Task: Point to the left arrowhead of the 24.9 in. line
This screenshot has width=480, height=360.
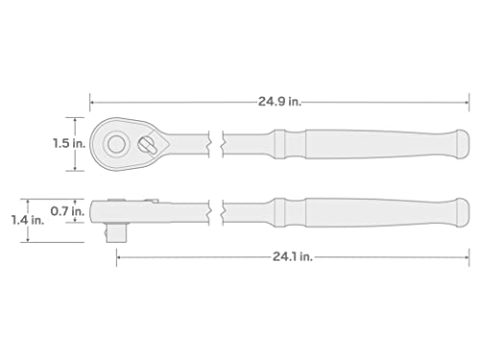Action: tap(92, 98)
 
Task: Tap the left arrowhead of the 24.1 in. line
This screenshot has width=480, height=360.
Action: tap(116, 256)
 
